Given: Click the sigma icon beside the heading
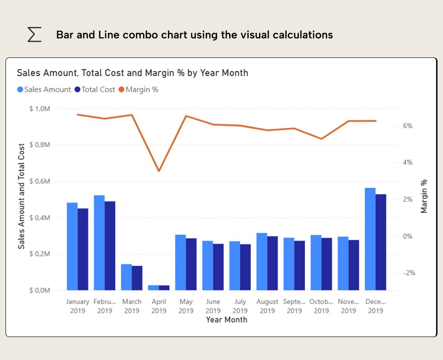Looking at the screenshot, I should pyautogui.click(x=35, y=34).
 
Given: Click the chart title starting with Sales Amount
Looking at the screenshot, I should pyautogui.click(x=132, y=73).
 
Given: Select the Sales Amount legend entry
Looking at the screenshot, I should pyautogui.click(x=44, y=90).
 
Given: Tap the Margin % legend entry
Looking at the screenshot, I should pyautogui.click(x=138, y=90).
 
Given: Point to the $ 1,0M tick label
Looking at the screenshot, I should pyautogui.click(x=40, y=109).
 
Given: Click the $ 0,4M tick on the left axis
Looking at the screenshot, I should pyautogui.click(x=40, y=217).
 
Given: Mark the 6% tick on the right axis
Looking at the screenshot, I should pyautogui.click(x=408, y=126).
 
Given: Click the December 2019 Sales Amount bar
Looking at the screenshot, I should pyautogui.click(x=370, y=239).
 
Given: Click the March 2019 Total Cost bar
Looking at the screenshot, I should pyautogui.click(x=137, y=278).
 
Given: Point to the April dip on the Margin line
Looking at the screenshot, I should pyautogui.click(x=159, y=171).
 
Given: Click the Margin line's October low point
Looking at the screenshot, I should pyautogui.click(x=322, y=139).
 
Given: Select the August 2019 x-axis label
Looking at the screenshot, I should pyautogui.click(x=267, y=306).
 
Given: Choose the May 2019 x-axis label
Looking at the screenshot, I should pyautogui.click(x=186, y=306).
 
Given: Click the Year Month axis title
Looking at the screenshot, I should pyautogui.click(x=226, y=320).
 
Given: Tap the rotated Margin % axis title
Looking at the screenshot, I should pyautogui.click(x=424, y=196).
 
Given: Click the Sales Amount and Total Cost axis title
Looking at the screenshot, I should pyautogui.click(x=22, y=196).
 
